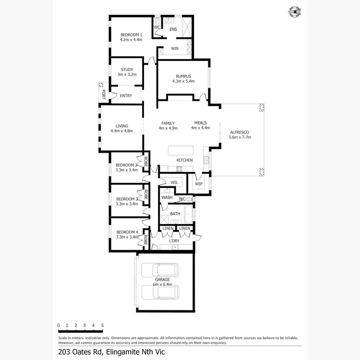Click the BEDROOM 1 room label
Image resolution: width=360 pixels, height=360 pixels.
click(131, 37)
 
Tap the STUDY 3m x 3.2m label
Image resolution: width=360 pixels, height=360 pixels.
click(127, 72)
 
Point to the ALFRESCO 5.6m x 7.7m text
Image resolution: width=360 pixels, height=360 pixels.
click(240, 134)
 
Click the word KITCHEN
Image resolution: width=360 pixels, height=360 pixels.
click(185, 160)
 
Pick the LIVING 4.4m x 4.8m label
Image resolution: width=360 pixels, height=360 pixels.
click(121, 128)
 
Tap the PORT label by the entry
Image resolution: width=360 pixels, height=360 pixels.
click(103, 95)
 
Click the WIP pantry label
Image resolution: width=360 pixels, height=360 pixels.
click(199, 183)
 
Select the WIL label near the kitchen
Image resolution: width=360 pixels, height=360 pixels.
click(174, 182)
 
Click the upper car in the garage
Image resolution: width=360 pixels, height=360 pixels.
click(161, 271)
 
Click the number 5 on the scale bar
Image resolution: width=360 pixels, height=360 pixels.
click(102, 325)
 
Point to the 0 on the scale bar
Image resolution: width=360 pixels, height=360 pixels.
click(59, 325)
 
